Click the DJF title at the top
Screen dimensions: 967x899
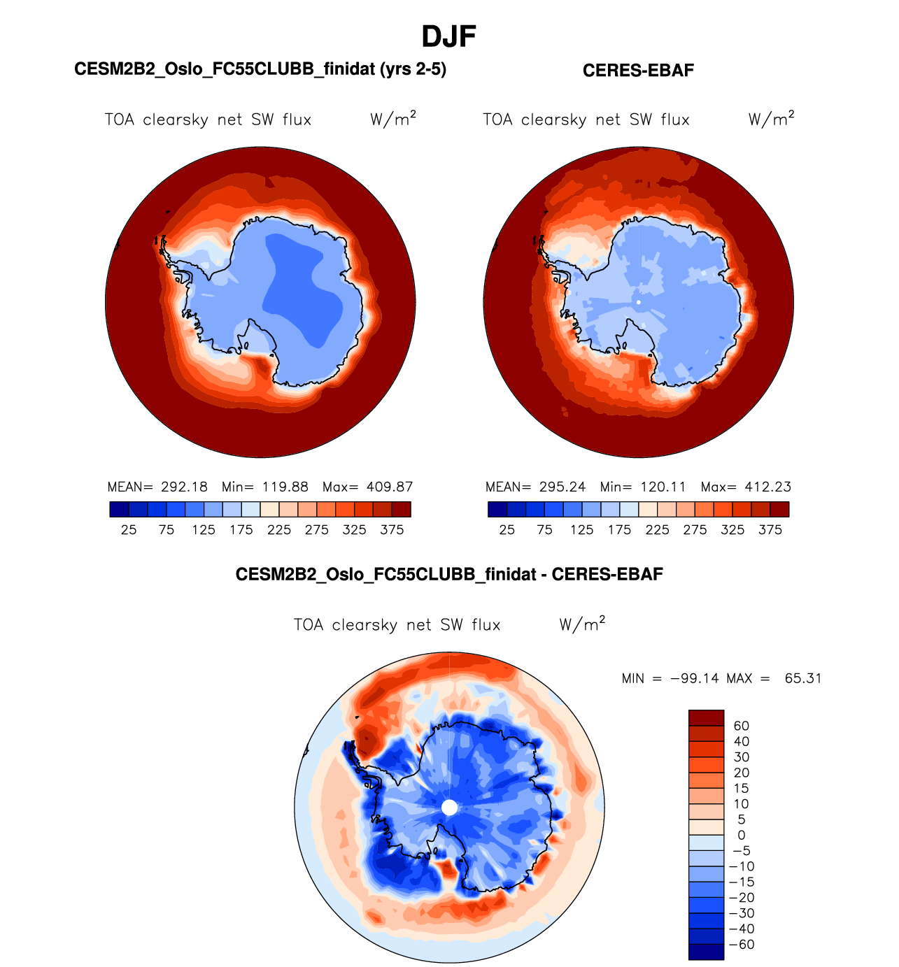pos(449,36)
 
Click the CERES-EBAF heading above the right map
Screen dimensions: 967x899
pos(638,71)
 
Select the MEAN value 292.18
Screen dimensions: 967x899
pos(184,487)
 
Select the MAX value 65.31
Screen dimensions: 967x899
pos(803,678)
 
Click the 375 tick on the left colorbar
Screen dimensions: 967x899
pos(392,530)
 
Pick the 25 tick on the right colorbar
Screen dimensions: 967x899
pos(507,530)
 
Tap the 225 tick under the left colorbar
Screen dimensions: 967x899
pos(279,530)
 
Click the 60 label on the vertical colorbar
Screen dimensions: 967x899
pos(742,726)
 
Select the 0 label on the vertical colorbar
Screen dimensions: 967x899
pos(742,835)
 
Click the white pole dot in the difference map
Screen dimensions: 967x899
pos(450,808)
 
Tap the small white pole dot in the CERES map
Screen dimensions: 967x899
pos(639,302)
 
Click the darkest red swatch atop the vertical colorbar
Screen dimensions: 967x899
pos(706,718)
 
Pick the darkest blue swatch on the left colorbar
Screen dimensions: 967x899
pos(119,509)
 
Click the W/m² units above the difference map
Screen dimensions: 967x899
pos(582,624)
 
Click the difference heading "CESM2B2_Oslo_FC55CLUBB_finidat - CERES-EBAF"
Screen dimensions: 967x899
pos(449,575)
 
